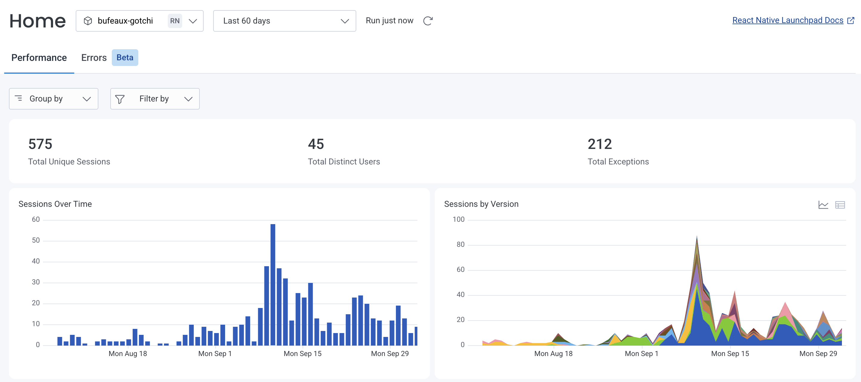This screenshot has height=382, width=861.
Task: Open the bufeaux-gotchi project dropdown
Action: pyautogui.click(x=140, y=21)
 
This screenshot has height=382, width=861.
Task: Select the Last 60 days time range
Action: pyautogui.click(x=284, y=21)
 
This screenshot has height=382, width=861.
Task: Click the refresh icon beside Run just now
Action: pyautogui.click(x=428, y=21)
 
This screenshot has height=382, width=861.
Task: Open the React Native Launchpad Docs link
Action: pyautogui.click(x=787, y=20)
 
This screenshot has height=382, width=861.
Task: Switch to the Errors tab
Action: pyautogui.click(x=94, y=58)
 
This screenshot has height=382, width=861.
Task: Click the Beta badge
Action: pyautogui.click(x=125, y=58)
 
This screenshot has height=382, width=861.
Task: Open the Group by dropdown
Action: pyautogui.click(x=53, y=99)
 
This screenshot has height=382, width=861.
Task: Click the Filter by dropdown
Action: pyautogui.click(x=155, y=99)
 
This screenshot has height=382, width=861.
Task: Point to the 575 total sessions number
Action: pyautogui.click(x=40, y=144)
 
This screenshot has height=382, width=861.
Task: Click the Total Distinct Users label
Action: pyautogui.click(x=344, y=161)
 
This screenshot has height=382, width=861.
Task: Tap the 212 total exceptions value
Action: pyautogui.click(x=600, y=144)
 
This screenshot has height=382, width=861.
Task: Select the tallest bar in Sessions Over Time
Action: pyautogui.click(x=273, y=284)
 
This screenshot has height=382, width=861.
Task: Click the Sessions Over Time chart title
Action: pyautogui.click(x=55, y=204)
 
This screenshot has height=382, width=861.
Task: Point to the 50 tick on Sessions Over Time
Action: pyautogui.click(x=35, y=240)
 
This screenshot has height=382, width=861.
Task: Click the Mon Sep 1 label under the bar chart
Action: pyautogui.click(x=215, y=354)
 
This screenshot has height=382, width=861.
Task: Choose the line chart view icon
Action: pyautogui.click(x=823, y=205)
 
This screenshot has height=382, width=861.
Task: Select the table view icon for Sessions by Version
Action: pyautogui.click(x=840, y=205)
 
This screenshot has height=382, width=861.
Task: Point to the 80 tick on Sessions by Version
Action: pyautogui.click(x=460, y=244)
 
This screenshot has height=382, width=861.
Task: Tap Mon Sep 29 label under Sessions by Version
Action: pyautogui.click(x=818, y=354)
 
